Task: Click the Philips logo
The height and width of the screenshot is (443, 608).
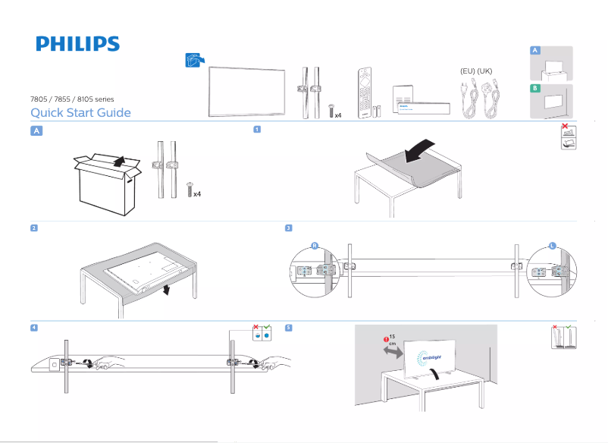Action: (x=77, y=44)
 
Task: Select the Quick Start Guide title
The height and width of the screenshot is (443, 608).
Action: (x=80, y=113)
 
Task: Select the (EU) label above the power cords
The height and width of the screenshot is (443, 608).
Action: (x=467, y=71)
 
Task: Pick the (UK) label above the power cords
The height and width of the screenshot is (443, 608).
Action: (x=485, y=71)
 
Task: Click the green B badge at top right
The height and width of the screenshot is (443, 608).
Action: (x=535, y=89)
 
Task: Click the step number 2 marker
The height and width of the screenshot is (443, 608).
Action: (x=34, y=228)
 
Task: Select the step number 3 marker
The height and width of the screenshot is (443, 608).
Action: (x=288, y=228)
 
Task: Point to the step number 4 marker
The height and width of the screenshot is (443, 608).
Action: (x=34, y=328)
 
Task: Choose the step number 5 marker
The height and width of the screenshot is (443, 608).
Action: (x=288, y=328)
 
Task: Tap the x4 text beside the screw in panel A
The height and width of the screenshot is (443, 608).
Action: (x=197, y=194)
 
